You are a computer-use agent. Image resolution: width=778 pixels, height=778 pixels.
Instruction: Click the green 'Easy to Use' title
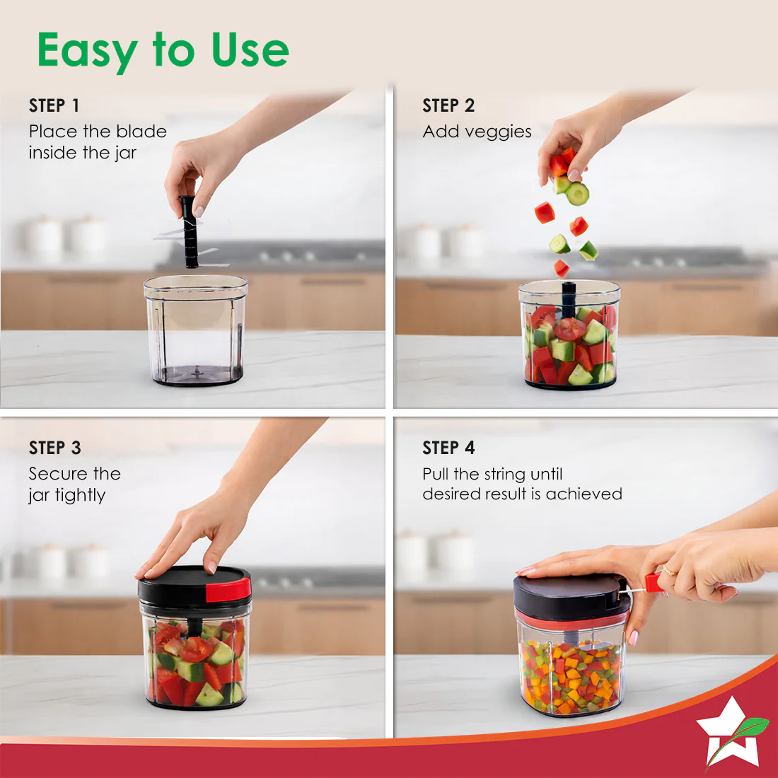pyautogui.click(x=163, y=50)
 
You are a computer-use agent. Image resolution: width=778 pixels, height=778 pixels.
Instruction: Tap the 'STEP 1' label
pyautogui.click(x=54, y=106)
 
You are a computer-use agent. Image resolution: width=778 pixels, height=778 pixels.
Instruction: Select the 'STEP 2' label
pyautogui.click(x=448, y=106)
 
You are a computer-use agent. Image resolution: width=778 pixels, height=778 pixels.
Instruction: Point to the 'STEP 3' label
pyautogui.click(x=54, y=448)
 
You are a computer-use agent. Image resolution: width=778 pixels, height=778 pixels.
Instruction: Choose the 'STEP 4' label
pyautogui.click(x=448, y=448)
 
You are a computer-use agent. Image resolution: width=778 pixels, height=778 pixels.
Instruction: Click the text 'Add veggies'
pyautogui.click(x=477, y=132)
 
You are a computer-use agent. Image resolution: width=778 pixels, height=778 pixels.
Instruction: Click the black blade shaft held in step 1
pyautogui.click(x=190, y=233)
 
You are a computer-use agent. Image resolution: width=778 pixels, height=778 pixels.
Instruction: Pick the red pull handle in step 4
pyautogui.click(x=652, y=583)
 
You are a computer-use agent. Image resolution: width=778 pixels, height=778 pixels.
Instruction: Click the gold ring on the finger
pyautogui.click(x=668, y=570)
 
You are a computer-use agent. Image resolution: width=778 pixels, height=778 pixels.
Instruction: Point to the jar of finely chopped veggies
pyautogui.click(x=571, y=675)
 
